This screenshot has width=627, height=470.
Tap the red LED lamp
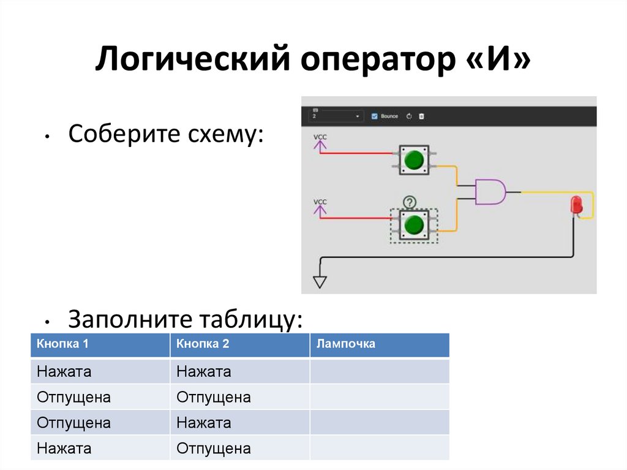pos(576,205)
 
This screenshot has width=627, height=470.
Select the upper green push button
pos(414,161)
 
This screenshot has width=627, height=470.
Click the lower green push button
pos(415,226)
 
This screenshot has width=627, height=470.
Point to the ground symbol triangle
pos(320,282)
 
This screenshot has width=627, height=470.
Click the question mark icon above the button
pos(409,202)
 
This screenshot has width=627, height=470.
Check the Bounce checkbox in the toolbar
pos(375,116)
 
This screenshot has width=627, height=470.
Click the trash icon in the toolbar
pos(421,116)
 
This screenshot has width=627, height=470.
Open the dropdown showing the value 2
pos(336,116)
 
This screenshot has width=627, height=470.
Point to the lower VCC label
pos(320,202)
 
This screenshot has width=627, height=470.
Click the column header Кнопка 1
pos(63,344)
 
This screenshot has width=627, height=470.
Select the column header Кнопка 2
pos(203,344)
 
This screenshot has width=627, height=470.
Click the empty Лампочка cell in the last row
pos(379,449)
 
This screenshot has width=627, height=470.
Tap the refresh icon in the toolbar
pos(408,116)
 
